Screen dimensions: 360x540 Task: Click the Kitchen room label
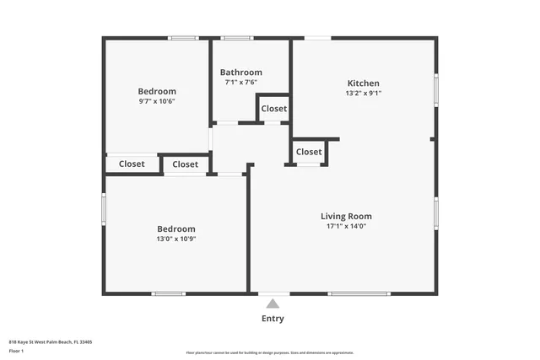coord(364,83)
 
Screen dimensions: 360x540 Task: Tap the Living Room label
coord(346,216)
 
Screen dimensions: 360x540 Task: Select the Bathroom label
coord(241,73)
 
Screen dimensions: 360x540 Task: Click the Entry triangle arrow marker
coord(273,304)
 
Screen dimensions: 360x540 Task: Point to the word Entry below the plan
coord(273,319)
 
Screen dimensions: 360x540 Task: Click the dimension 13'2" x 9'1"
coord(364,94)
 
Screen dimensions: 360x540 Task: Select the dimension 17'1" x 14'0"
coord(346,226)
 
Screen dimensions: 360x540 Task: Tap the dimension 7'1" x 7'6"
coord(241,83)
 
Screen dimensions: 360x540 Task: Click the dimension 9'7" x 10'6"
coord(157,101)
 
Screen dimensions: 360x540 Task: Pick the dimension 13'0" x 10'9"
coord(176,239)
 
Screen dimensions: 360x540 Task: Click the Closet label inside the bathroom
coord(273,109)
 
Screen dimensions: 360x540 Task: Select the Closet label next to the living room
coord(309,152)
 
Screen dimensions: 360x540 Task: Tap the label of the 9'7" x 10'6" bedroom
coord(157,91)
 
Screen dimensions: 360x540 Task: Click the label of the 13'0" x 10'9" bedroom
coord(176,228)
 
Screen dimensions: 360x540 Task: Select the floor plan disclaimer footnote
coord(269,352)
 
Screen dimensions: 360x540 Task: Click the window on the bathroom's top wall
coord(237,38)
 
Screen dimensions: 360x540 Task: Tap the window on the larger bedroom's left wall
coord(104,209)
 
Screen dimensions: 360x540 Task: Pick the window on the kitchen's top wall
coord(317,38)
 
